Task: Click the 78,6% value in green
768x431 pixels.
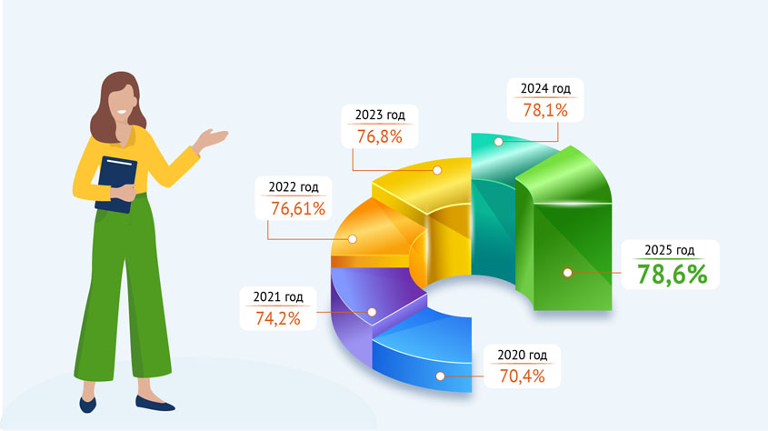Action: pos(672,275)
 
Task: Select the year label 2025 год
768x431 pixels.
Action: pos(670,250)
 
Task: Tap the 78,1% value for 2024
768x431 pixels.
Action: pos(545,110)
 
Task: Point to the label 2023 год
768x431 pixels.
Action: pos(380,115)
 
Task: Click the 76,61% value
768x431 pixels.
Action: pos(298,209)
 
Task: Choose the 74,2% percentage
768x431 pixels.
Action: pos(278,319)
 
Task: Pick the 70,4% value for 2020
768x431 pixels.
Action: pos(522,376)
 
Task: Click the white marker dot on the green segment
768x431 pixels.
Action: pos(568,272)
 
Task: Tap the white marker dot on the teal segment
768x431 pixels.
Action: pos(499,142)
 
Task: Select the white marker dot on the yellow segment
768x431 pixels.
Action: pos(437,170)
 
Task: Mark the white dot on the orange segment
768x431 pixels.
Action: pos(352,239)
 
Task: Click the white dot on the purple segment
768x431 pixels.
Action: pos(372,312)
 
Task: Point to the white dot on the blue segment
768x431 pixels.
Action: pos(440,376)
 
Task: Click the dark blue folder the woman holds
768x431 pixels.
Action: pos(115,185)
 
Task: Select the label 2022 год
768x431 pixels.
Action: pos(294,187)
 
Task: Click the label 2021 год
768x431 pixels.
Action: pos(278,296)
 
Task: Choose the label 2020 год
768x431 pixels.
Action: pos(522,356)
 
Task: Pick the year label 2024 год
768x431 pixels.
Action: pos(545,88)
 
